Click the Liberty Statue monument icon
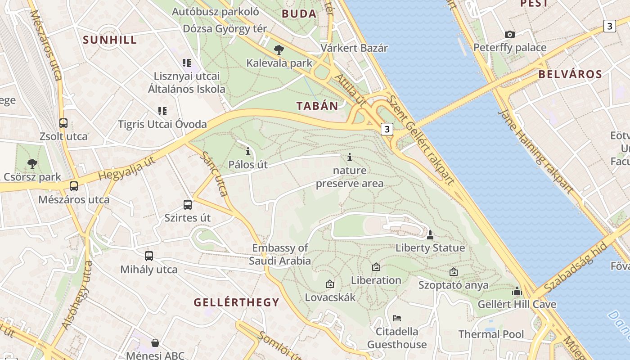pyautogui.click(x=430, y=234)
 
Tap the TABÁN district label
pyautogui.click(x=317, y=106)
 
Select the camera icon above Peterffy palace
pyautogui.click(x=510, y=34)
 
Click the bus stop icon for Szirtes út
pyautogui.click(x=188, y=204)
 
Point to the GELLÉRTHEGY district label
pyautogui.click(x=236, y=302)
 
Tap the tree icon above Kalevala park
pyautogui.click(x=279, y=49)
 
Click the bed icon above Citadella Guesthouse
pyautogui.click(x=397, y=318)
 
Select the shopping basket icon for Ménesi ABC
pyautogui.click(x=155, y=343)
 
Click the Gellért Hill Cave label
pyautogui.click(x=517, y=304)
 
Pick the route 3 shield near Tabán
pyautogui.click(x=387, y=129)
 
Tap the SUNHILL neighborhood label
pyautogui.click(x=110, y=40)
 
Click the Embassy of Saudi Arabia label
pyautogui.click(x=280, y=254)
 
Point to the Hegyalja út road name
pyautogui.click(x=126, y=170)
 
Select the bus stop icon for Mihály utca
pyautogui.click(x=149, y=256)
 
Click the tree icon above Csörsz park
pyautogui.click(x=32, y=163)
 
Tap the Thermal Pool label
pyautogui.click(x=491, y=334)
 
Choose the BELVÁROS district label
pyautogui.click(x=570, y=74)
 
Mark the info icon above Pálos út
pyautogui.click(x=247, y=151)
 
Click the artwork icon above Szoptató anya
pyautogui.click(x=454, y=272)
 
